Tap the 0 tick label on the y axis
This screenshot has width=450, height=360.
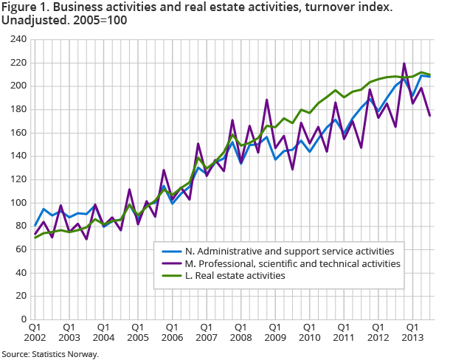[21, 319]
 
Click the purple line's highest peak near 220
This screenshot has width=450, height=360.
[404, 63]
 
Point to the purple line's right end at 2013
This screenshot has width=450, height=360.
[430, 116]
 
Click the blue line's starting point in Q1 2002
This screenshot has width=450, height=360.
[34, 225]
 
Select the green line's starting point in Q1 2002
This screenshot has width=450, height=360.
[34, 238]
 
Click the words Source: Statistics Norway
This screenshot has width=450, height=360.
[49, 354]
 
